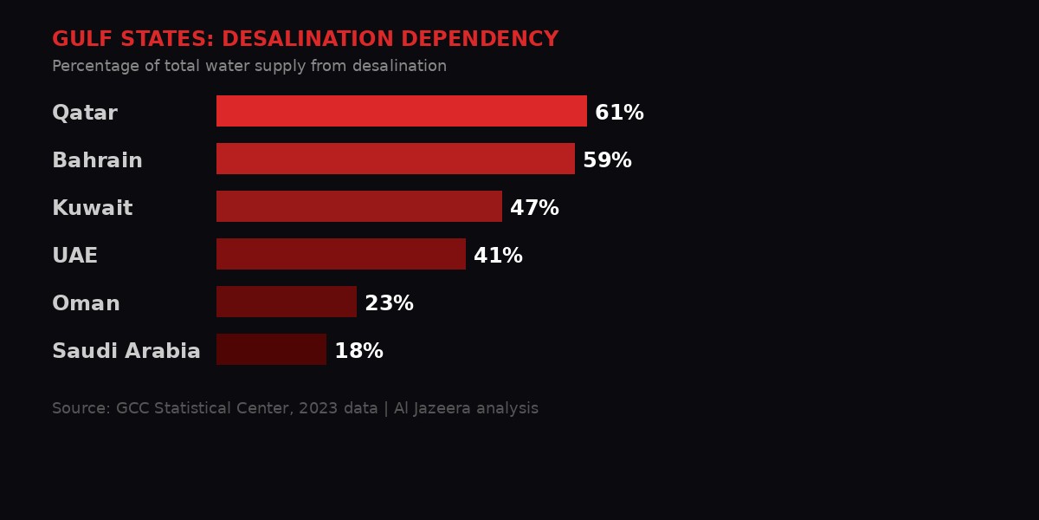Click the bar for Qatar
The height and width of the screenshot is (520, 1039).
pos(401,111)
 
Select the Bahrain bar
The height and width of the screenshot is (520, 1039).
pos(395,159)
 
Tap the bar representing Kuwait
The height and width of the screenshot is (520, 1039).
pos(358,206)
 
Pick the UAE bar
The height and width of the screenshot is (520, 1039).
pos(340,254)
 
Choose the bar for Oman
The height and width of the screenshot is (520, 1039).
pos(286,302)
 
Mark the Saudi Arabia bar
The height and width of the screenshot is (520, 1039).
pos(271,349)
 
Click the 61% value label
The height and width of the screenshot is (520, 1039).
pos(619,113)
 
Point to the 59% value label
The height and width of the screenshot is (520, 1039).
pos(607,160)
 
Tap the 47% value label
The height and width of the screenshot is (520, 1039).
pos(534,208)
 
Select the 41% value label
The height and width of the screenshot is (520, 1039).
pos(498,256)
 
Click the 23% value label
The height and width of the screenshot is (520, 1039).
pos(389,303)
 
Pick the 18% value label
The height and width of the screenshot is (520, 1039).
pos(358,351)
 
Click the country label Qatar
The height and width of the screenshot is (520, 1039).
pos(85,113)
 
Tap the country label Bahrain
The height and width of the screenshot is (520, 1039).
pos(97,160)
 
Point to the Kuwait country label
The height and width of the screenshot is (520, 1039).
pos(92,208)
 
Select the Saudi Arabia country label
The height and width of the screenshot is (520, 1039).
pos(126,351)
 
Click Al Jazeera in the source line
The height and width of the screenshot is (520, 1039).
pos(430,408)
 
